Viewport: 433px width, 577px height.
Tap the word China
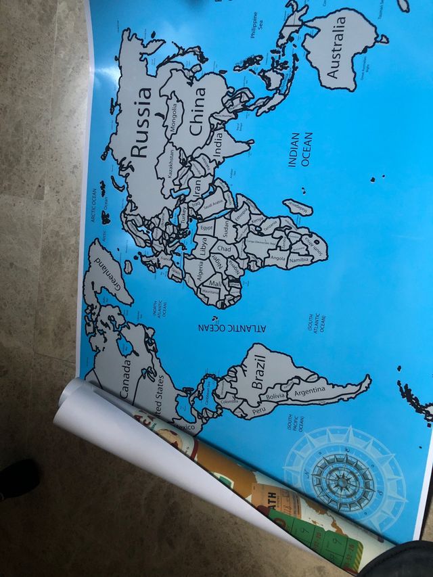[197, 111]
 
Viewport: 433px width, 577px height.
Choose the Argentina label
[311, 392]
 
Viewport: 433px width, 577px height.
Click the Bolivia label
[276, 396]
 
